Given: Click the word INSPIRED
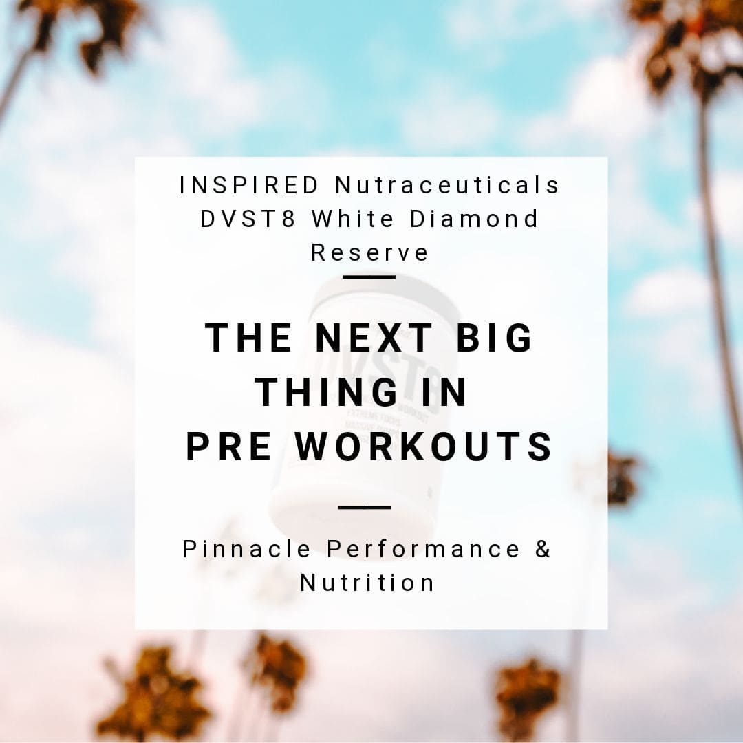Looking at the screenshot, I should coord(250,186).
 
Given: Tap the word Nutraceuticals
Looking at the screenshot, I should coord(447,186).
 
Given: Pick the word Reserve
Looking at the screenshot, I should coord(370,252).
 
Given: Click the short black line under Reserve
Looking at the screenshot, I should coord(369,277).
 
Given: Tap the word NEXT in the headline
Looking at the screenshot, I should coord(373,338).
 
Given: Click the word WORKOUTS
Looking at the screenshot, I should coord(424,447).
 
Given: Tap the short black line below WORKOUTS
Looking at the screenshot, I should coord(365,508).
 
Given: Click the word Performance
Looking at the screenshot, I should coord(423,549).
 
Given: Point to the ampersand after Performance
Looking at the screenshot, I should coord(543,549).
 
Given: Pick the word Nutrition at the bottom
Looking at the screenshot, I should coord(368,583).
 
